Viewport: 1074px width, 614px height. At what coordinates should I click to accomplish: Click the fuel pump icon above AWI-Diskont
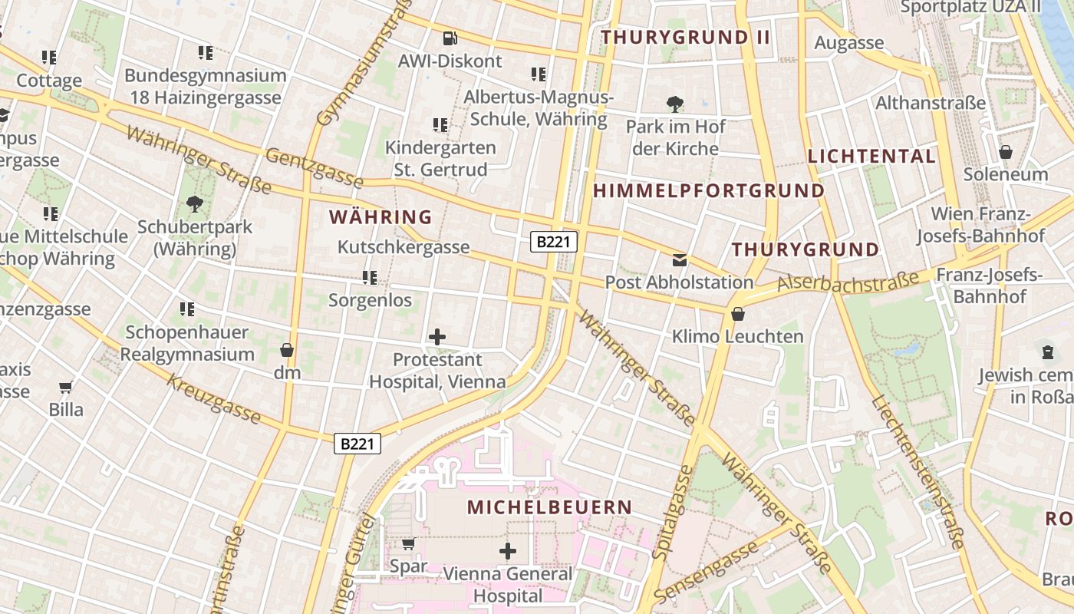450,37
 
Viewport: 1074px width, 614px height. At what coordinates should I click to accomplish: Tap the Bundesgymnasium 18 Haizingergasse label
206,87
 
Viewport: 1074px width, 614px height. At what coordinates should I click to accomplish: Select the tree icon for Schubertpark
195,204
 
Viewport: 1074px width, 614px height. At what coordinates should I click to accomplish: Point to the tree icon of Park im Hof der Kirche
675,104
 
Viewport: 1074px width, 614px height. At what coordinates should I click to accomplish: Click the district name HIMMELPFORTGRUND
710,190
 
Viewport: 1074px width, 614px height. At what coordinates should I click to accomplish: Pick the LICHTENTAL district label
871,157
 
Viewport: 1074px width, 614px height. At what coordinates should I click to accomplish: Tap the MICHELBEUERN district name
549,507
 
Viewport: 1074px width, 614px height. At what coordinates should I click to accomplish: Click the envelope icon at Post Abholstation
680,259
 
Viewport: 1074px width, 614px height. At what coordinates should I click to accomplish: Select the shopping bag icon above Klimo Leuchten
738,313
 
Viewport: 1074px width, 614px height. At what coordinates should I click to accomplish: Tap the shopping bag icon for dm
287,350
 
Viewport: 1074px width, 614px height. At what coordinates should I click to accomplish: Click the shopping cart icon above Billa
66,388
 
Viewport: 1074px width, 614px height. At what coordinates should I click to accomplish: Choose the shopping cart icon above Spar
409,543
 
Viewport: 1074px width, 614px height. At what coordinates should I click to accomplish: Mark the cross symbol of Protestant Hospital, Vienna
437,336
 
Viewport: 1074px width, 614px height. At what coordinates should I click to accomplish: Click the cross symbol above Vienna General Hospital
507,550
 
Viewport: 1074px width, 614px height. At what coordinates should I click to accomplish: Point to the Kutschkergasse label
404,247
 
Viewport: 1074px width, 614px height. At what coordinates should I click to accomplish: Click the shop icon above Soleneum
1005,152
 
